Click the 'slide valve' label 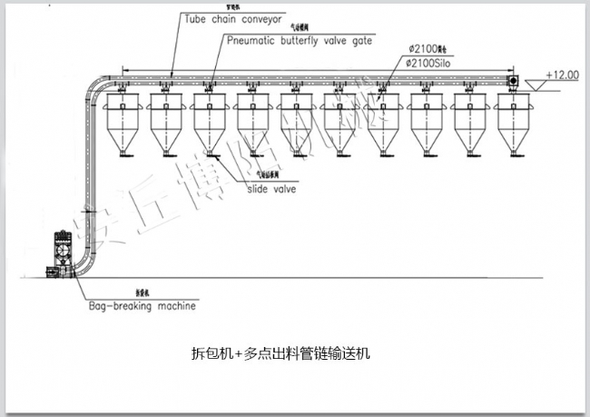coord(271,189)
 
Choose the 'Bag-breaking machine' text coord(143,306)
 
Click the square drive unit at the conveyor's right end coord(512,82)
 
